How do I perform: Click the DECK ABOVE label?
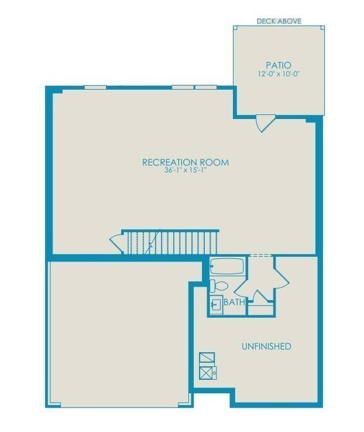tap(279, 21)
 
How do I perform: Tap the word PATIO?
tap(279, 65)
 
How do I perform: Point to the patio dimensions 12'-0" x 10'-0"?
tap(279, 74)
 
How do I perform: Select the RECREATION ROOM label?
tap(186, 162)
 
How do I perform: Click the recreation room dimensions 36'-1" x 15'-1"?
tap(186, 171)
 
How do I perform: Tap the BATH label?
tap(234, 302)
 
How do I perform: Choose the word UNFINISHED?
tap(266, 346)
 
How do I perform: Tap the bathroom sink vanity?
tap(216, 305)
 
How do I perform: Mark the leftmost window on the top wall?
tap(95, 87)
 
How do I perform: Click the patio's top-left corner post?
tap(235, 28)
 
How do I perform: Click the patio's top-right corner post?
tap(321, 28)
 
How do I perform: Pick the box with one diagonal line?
tap(207, 357)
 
